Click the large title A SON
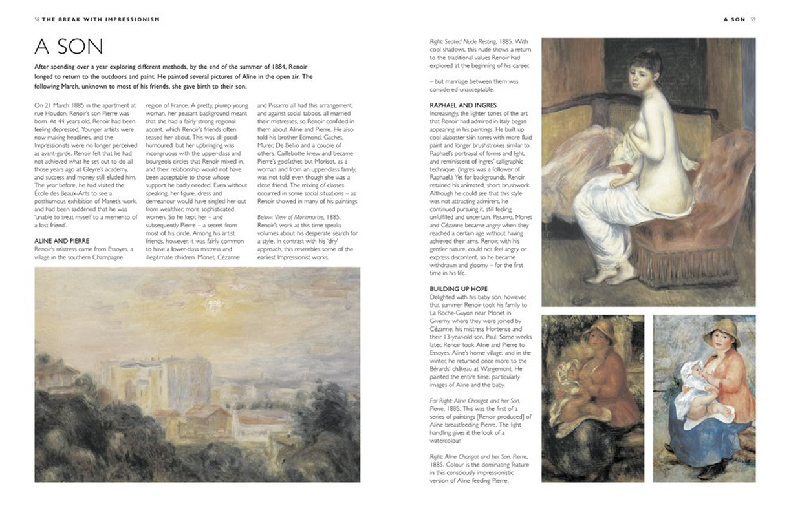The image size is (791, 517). coord(69,47)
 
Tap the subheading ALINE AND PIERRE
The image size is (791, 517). coord(61,240)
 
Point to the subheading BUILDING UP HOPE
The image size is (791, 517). coord(459,288)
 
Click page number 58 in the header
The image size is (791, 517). coord(37,19)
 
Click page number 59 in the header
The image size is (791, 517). coord(753,19)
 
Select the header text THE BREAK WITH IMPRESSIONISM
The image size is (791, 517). coord(101,19)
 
